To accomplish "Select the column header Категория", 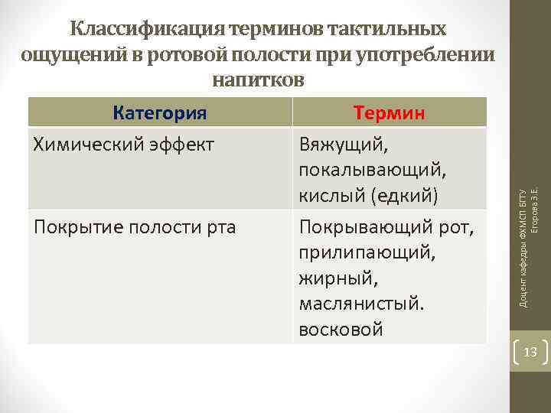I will click(x=160, y=113).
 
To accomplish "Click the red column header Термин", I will click(x=390, y=113).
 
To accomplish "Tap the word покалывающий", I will click(x=368, y=171).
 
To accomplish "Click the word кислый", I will click(x=331, y=197).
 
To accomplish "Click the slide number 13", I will click(x=530, y=353).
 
